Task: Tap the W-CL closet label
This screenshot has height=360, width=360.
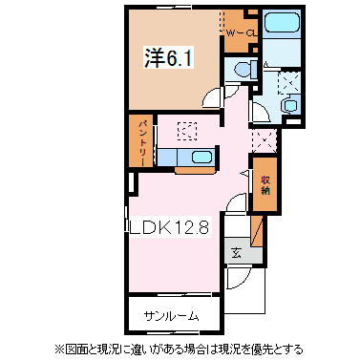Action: (x=241, y=33)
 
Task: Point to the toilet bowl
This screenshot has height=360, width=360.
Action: (x=241, y=68)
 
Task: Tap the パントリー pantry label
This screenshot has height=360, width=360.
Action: (x=138, y=141)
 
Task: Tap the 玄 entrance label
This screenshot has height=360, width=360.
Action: (x=236, y=252)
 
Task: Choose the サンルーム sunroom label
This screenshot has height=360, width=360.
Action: (x=172, y=312)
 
